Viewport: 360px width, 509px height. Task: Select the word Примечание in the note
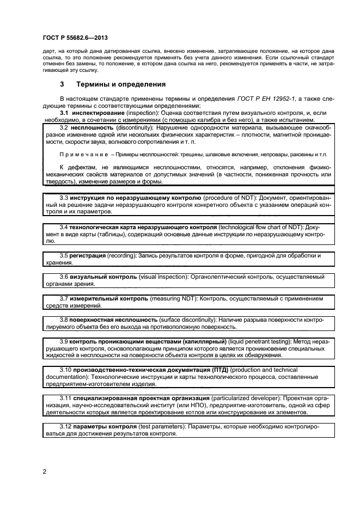click(x=80, y=155)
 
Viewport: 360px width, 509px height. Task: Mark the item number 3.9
click(x=63, y=341)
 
